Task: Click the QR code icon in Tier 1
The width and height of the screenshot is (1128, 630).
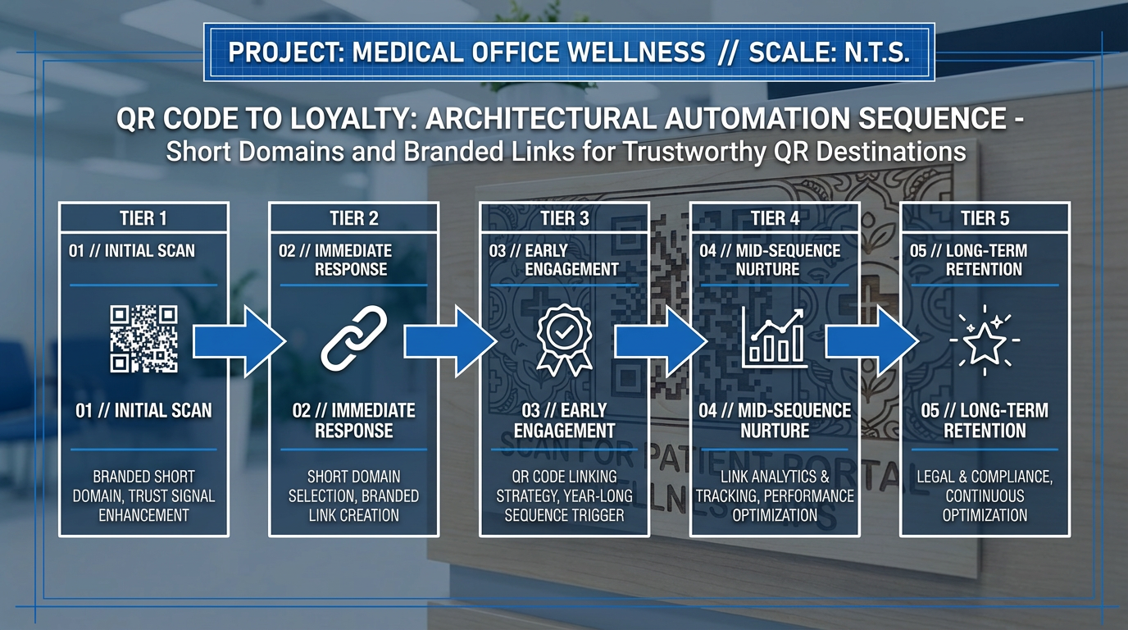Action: pos(144,339)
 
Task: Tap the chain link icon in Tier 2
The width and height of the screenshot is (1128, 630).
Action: pos(354,338)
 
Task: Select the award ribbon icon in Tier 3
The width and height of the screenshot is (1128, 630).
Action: pos(564,340)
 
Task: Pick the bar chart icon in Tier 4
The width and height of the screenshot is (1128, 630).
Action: pos(775,338)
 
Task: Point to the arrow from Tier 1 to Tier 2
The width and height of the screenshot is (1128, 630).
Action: pos(239,342)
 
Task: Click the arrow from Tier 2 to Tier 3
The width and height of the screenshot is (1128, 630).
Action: pos(450,342)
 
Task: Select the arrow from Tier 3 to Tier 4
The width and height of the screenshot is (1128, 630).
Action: pos(661,342)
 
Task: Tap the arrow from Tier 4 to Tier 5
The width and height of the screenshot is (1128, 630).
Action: pos(871,342)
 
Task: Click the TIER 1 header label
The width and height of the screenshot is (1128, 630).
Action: pos(143,218)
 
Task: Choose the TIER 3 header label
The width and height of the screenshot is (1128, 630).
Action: pos(565,218)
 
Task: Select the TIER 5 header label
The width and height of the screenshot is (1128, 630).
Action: pos(985,218)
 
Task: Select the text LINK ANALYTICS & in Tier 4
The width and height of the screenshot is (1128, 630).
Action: pos(775,477)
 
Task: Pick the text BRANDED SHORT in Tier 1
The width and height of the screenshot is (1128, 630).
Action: pos(144,477)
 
